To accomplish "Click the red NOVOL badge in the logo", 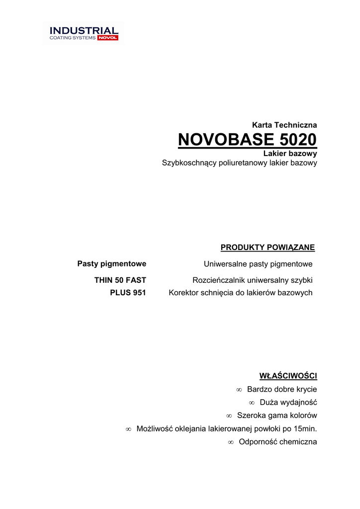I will point(108,38).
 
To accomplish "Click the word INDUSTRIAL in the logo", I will point(84,31).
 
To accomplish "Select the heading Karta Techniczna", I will point(284,125).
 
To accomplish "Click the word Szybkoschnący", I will point(189,163).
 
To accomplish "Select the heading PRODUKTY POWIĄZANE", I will point(268,248).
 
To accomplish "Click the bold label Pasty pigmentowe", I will point(111,263).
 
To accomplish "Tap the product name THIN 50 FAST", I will point(120,280).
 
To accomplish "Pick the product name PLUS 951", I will point(128,293).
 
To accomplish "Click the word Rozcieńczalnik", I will point(218,280).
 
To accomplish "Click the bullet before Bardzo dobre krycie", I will point(239,390).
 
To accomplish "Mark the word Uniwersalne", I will point(225,263).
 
